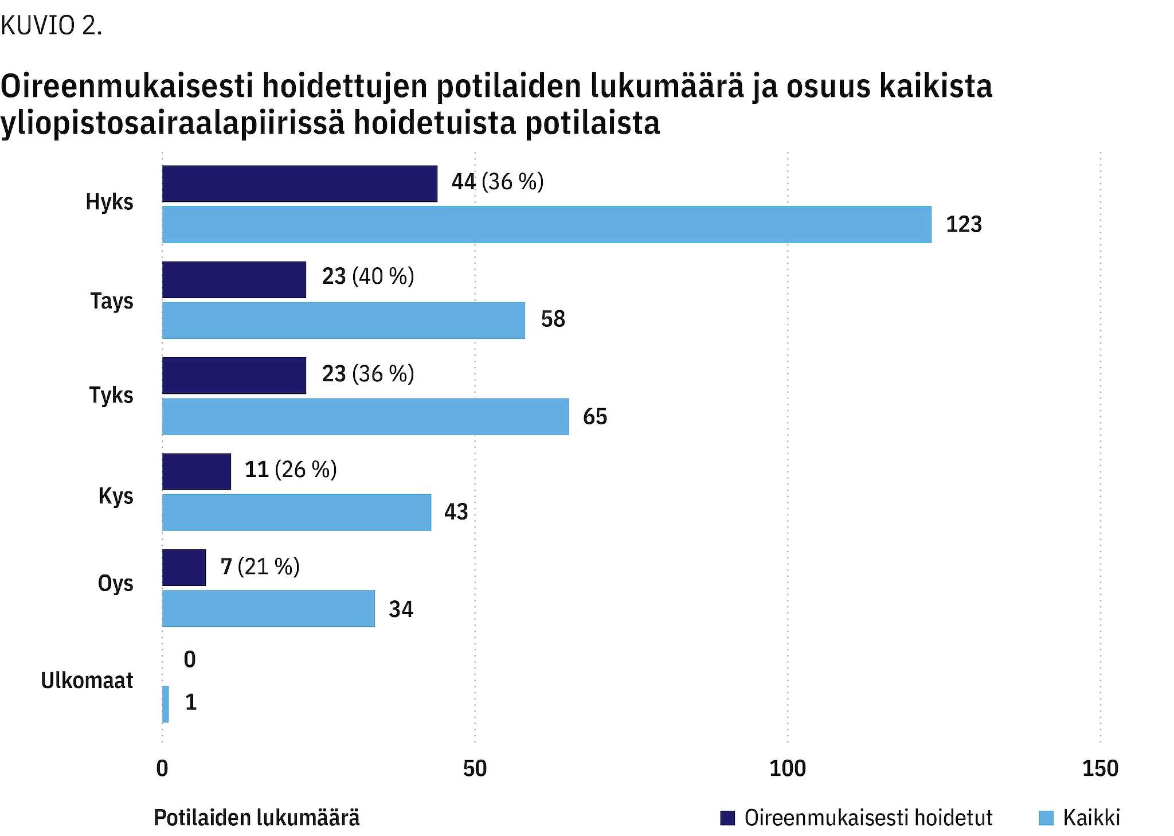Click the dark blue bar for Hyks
[x=299, y=184]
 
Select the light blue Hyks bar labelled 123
[x=546, y=225]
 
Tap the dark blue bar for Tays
[x=234, y=280]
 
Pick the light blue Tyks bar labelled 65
[x=365, y=417]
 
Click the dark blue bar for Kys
[x=197, y=472]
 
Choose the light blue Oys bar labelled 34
[x=268, y=608]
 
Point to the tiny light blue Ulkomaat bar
[x=166, y=704]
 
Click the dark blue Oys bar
[x=184, y=568]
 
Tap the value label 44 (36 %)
[x=497, y=182]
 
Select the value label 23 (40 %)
[x=367, y=277]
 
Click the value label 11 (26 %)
[x=290, y=470]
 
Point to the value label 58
[x=553, y=319]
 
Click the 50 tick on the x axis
[x=475, y=769]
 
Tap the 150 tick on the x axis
[x=1100, y=769]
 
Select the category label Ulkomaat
[x=87, y=681]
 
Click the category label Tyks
[x=111, y=396]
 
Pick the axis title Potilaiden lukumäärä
[x=256, y=818]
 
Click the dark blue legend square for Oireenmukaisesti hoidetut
[x=727, y=818]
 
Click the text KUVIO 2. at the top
[x=52, y=26]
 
